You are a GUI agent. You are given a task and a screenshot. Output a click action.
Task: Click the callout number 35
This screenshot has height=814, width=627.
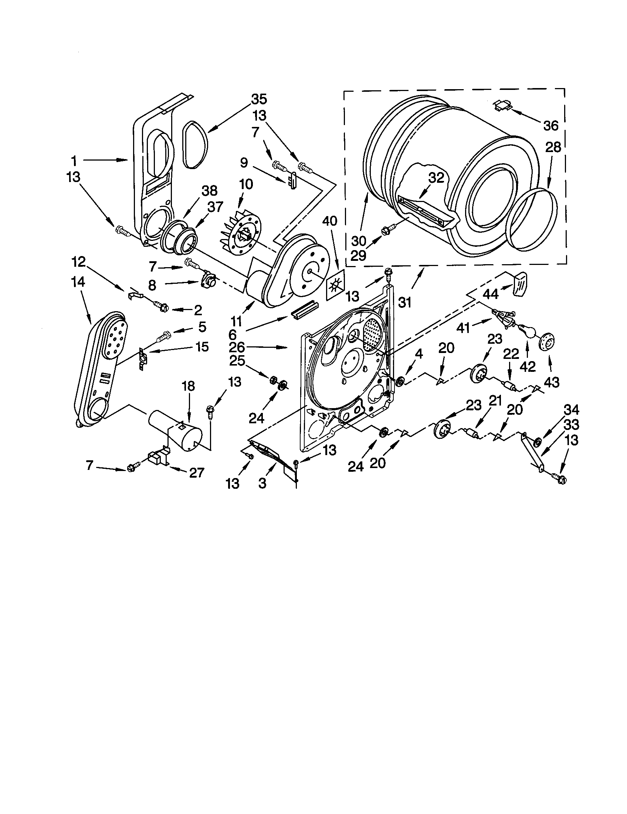(259, 99)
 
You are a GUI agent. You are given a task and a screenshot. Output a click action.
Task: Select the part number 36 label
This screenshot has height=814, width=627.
(551, 125)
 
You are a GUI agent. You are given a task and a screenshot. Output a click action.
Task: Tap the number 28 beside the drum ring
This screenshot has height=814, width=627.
(553, 148)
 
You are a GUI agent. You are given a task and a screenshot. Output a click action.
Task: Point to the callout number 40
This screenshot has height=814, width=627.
(329, 221)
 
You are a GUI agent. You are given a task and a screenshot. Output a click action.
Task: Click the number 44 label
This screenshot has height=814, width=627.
(491, 295)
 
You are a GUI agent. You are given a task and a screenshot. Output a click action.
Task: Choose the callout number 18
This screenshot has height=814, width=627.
(189, 386)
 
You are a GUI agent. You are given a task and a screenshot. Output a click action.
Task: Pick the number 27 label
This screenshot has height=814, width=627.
(196, 472)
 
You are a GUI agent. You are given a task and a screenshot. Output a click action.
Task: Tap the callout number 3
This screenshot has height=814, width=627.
(262, 484)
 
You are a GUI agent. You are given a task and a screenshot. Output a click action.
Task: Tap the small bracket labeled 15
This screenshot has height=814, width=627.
(143, 359)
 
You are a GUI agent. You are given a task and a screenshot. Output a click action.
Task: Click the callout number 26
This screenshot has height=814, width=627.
(237, 347)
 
